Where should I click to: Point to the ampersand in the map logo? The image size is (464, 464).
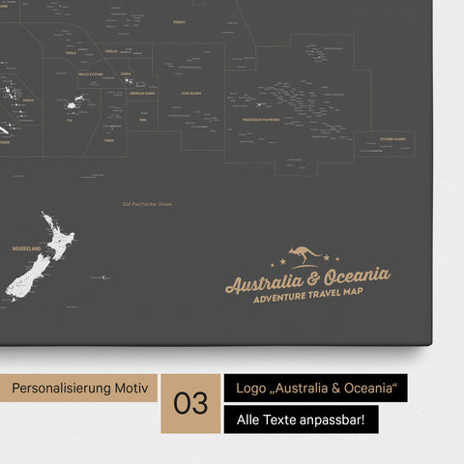click(x=315, y=281)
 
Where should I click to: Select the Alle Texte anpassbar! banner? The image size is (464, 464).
click(x=301, y=420)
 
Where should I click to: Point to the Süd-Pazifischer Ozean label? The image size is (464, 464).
click(x=139, y=205)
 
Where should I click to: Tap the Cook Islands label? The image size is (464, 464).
click(x=191, y=94)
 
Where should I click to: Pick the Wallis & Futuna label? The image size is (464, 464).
click(x=91, y=73)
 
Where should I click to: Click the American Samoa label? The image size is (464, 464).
click(x=143, y=93)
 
